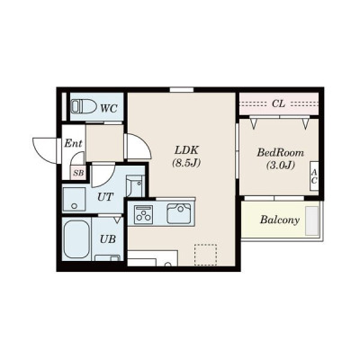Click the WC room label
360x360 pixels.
tap(109, 108)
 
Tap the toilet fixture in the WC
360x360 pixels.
tap(84, 106)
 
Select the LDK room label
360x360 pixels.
tap(186, 149)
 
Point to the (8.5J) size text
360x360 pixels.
tap(186, 163)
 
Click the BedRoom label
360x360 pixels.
tap(280, 153)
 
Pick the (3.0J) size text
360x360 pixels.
tap(280, 166)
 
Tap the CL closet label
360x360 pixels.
tap(278, 103)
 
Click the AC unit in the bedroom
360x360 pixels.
tap(314, 176)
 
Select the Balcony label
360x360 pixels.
tap(280, 220)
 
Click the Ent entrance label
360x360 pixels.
tap(73, 143)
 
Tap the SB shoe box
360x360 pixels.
tap(78, 173)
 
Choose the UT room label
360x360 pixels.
tap(105, 197)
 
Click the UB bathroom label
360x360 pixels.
tap(108, 239)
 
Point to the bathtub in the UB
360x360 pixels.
tap(76, 239)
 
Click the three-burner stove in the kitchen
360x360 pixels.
tap(143, 214)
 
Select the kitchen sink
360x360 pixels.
tap(179, 213)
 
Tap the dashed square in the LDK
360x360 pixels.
tap(205, 255)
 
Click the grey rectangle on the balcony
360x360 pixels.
tap(311, 220)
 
